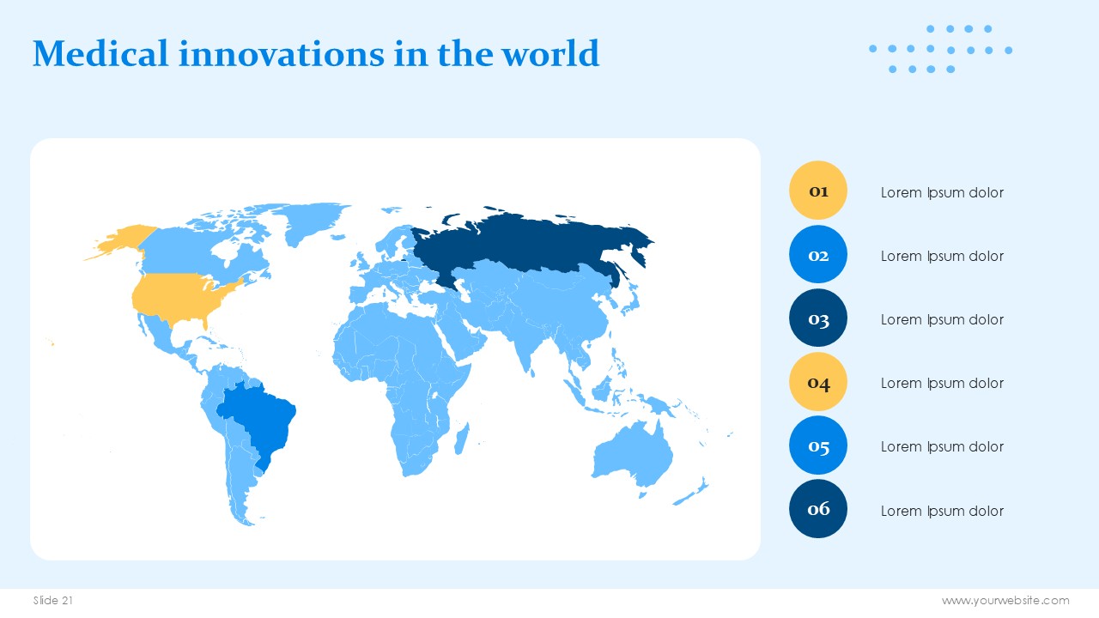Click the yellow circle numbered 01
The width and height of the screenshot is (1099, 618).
pos(818,191)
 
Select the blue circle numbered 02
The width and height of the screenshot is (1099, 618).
pos(818,254)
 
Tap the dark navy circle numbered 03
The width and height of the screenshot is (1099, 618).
pos(818,318)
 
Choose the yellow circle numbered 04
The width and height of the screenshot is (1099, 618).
pos(818,382)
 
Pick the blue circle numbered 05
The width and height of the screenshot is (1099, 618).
pos(818,445)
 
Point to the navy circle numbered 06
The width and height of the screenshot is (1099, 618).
pos(818,509)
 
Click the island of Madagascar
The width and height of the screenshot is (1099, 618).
pos(462,439)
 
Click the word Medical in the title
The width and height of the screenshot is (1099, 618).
pos(100,53)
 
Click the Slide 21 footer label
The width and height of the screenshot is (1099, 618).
pos(53,600)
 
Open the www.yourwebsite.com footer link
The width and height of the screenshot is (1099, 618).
pos(1005,601)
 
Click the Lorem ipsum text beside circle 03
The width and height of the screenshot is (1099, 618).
pos(942,319)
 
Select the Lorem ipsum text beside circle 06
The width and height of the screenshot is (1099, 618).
pos(942,511)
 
